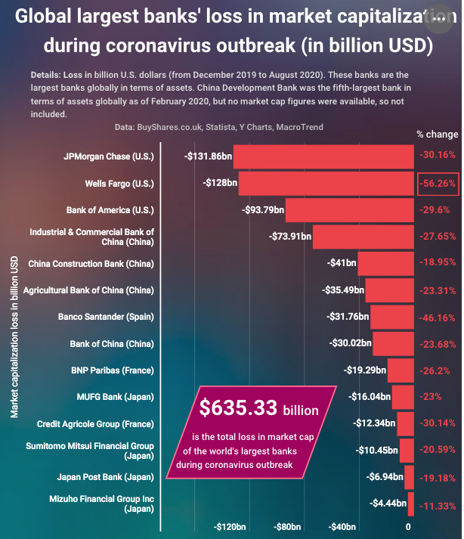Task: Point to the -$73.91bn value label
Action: [x=290, y=237]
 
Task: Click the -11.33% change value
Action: [x=437, y=503]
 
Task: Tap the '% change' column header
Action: [x=437, y=134]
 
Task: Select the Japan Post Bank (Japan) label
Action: [x=105, y=477]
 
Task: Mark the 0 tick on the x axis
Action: [x=408, y=526]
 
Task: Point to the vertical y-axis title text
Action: [x=14, y=336]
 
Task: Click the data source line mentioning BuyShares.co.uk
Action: [x=218, y=127]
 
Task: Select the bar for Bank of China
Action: [x=393, y=343]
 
